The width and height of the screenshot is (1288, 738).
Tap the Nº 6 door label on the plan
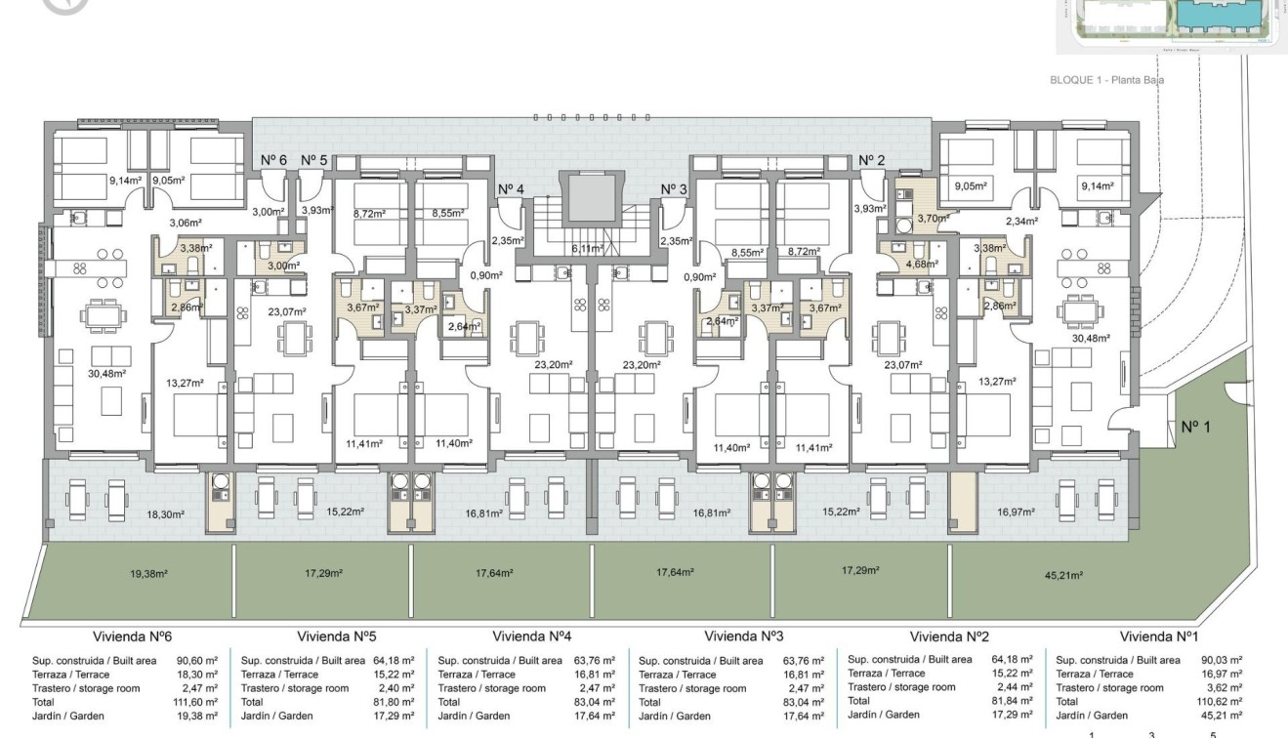(x=273, y=160)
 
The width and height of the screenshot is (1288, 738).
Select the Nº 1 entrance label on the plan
(x=1197, y=427)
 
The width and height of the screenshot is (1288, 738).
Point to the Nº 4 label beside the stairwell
(x=511, y=189)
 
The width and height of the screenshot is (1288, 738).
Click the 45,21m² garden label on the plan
(x=1063, y=575)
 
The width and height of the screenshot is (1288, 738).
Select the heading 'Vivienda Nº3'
(x=743, y=636)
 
